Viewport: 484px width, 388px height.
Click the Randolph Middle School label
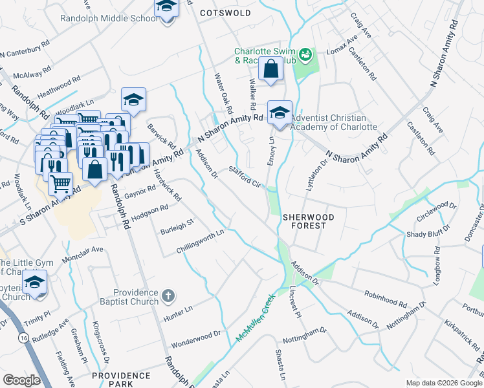108,18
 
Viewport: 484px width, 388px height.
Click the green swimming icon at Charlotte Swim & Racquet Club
305,54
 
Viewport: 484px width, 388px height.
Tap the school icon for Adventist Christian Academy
280,113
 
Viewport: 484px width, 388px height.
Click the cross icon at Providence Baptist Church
168,296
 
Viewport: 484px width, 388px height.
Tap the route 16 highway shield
23,338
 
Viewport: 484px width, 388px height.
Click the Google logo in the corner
21,380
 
